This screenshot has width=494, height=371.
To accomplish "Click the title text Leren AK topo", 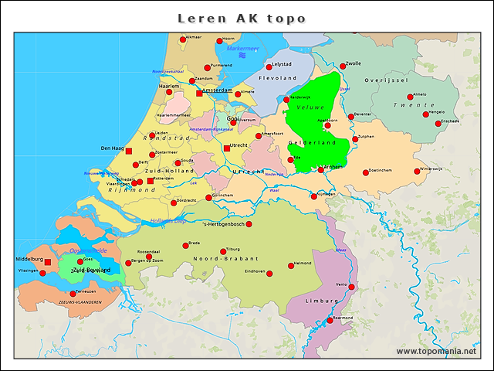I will (242, 18).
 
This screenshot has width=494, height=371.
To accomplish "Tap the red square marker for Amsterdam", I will (199, 93).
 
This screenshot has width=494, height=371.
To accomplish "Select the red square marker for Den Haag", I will (129, 151).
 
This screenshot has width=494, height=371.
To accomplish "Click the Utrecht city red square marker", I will (227, 148).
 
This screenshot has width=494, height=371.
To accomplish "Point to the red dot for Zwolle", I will (343, 66).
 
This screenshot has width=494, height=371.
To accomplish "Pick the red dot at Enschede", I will (438, 123).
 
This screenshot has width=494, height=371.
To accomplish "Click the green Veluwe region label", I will (310, 107).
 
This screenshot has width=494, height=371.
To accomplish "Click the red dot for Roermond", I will (330, 321).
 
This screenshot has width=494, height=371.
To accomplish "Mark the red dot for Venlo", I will (351, 287).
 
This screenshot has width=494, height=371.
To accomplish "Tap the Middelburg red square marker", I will (48, 262).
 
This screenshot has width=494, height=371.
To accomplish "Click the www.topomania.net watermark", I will (436, 352).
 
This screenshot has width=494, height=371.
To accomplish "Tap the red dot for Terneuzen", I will (73, 294).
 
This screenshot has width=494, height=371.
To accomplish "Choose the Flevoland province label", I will (278, 78).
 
